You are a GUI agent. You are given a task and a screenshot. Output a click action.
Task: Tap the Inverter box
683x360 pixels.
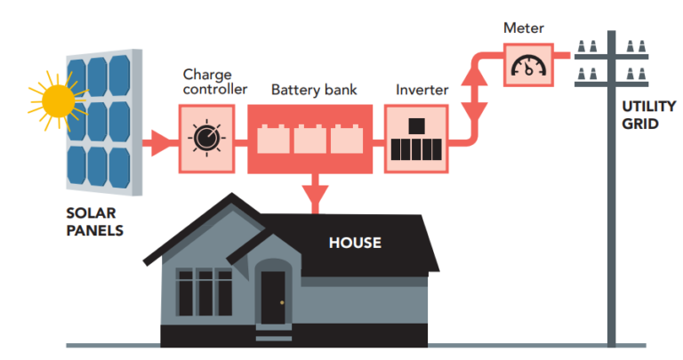[416, 138]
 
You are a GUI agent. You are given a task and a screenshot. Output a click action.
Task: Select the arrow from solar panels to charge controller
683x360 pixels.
[160, 140]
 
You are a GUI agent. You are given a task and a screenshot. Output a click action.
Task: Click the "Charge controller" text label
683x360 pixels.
[213, 82]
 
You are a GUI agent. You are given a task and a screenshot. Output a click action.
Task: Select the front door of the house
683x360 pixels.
[272, 299]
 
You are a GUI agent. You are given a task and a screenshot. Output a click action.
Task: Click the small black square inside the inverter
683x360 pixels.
[416, 125]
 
